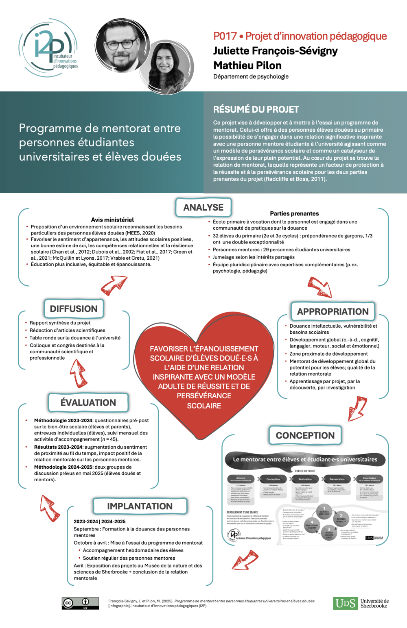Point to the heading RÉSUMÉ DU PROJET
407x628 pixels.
(256, 109)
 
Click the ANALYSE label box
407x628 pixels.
(203, 207)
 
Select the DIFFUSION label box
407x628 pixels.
(74, 309)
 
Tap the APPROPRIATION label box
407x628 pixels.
(333, 312)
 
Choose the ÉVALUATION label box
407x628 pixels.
(88, 402)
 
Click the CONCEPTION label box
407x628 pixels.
(305, 435)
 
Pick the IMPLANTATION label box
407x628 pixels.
(140, 506)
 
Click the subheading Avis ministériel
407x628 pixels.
(112, 220)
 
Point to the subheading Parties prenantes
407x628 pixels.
(294, 213)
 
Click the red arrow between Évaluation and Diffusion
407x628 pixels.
(78, 373)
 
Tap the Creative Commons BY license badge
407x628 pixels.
(80, 603)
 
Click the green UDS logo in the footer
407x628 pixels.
(345, 603)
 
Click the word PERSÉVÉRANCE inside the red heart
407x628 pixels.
(204, 395)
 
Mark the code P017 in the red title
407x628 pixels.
(225, 36)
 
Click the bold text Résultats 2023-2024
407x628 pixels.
(58, 447)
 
